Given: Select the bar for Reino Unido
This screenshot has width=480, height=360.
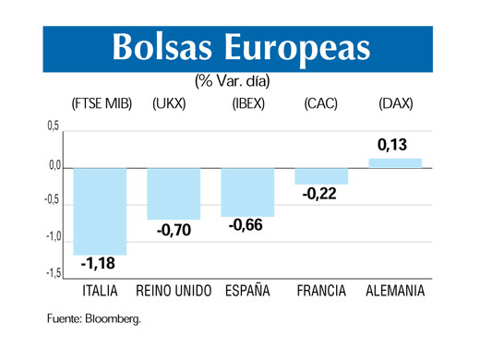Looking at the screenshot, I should point(174,194).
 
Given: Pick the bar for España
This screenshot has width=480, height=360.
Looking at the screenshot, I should point(247,192).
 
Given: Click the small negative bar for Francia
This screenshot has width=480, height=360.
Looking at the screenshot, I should point(321,176).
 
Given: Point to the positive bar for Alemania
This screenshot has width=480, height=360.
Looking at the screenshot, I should point(395,163).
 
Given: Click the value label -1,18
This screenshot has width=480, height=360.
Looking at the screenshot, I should point(99,265).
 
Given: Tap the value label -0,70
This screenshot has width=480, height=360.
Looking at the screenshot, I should point(174,230).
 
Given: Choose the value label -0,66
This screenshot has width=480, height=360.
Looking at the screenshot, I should point(246,225).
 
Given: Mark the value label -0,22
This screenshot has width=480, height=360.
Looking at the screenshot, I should point(320,195).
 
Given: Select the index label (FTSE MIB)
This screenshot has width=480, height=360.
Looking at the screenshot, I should point(102,104).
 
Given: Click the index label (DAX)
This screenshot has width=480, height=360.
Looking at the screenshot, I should point(395,104).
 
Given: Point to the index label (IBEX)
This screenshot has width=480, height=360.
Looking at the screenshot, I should point(248,104).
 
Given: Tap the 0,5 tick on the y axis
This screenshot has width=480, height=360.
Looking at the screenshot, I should point(54,126).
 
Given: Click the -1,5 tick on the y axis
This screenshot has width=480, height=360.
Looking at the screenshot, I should point(52,274).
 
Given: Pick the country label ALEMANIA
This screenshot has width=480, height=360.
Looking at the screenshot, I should point(395,292).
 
